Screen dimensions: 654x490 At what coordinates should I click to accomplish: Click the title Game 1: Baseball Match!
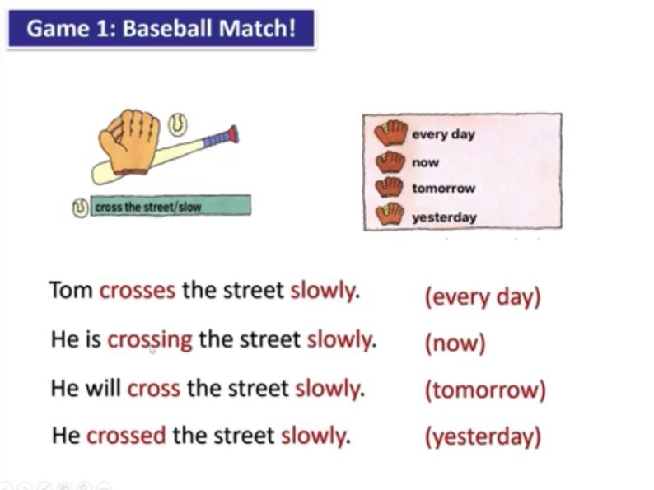pos(161,28)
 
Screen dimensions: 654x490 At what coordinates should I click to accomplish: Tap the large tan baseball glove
pos(129,142)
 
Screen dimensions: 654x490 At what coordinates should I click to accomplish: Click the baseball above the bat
pos(177,124)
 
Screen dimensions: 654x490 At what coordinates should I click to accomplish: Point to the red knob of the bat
pos(233,134)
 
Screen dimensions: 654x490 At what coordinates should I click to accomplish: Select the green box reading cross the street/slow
pos(171,206)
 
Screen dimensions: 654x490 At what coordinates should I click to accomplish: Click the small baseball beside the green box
pos(80,208)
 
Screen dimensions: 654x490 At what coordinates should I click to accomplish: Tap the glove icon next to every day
pos(390,133)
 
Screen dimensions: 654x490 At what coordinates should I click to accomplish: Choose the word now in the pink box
pos(426,162)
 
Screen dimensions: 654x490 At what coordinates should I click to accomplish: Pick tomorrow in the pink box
pos(444,189)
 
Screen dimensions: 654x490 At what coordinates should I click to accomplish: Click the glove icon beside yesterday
pos(390,214)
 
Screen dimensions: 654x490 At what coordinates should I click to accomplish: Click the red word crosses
pos(138,290)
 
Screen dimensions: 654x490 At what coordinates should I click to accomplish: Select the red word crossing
pos(150,340)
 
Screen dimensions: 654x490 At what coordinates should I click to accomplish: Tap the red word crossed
pos(126,436)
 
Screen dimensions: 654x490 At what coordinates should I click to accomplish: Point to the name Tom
pos(71,290)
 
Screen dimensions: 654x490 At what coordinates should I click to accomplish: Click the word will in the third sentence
pos(104,388)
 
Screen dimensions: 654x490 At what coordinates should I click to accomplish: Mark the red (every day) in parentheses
pos(483,297)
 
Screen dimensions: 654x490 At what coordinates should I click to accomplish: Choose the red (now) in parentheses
pos(455,343)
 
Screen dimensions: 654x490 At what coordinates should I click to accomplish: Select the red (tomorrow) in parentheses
pos(485,390)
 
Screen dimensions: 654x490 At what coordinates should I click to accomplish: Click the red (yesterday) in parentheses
pos(483,437)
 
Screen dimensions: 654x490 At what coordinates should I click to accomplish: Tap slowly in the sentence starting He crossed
pos(315,436)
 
